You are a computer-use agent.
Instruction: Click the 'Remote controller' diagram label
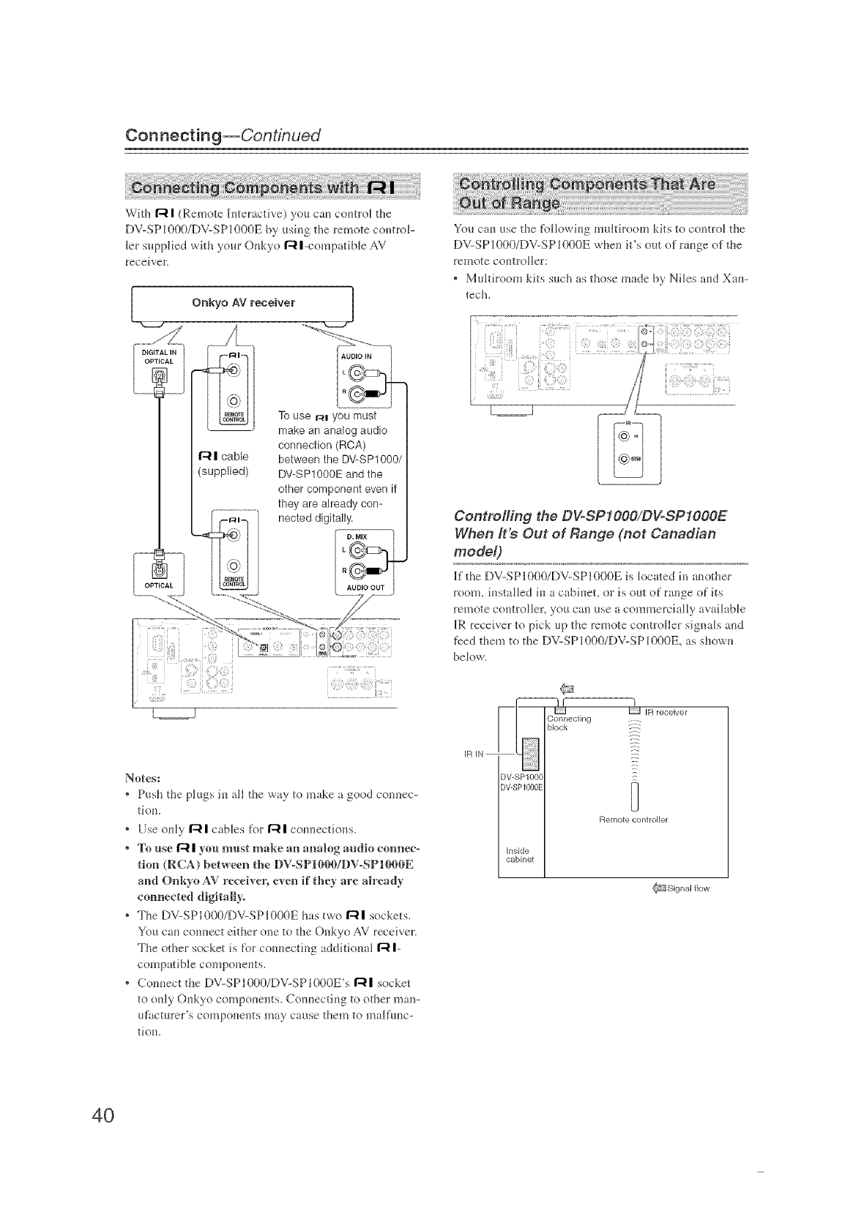634,819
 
